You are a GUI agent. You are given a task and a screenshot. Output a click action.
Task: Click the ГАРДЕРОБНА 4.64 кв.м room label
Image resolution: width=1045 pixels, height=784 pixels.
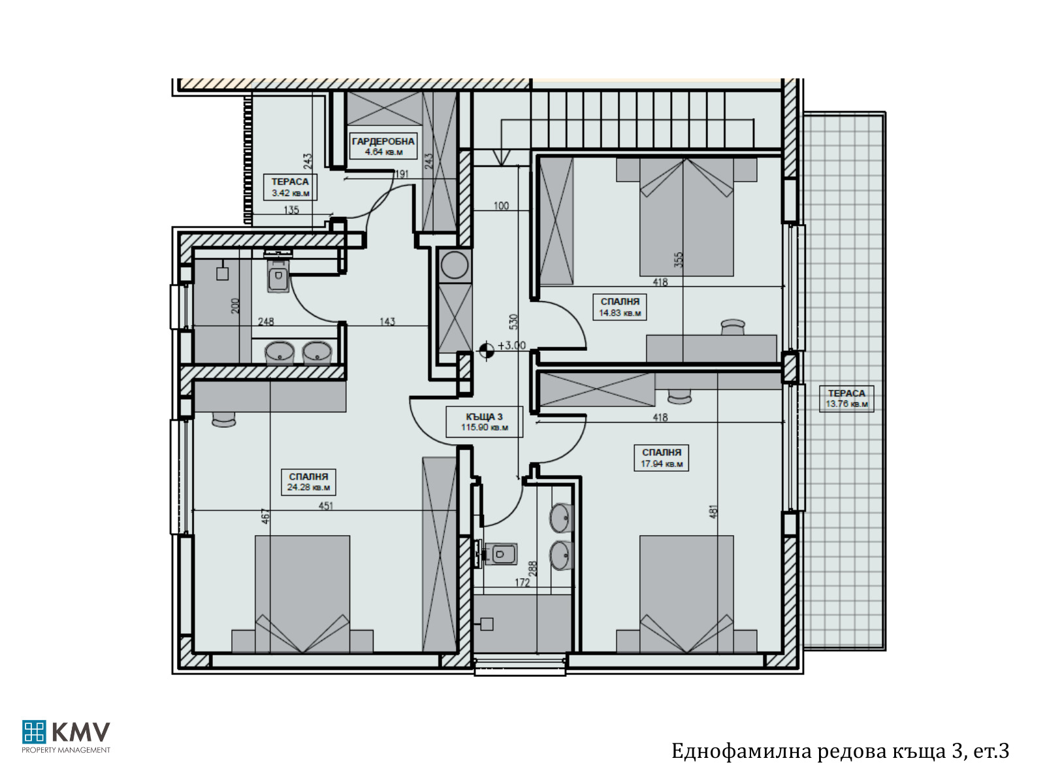(x=383, y=146)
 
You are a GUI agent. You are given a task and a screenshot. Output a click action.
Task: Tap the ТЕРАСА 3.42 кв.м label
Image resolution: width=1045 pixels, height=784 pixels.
(x=291, y=187)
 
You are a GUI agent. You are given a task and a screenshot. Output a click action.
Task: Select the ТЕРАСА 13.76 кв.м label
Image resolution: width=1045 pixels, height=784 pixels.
(x=846, y=399)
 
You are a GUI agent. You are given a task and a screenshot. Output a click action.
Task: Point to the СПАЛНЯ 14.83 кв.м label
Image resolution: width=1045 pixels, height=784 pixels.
(x=620, y=307)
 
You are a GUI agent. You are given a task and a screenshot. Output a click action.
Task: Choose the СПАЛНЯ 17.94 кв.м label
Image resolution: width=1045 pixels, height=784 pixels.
(x=661, y=458)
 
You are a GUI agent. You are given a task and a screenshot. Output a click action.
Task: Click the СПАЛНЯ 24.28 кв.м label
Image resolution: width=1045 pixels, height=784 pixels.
(x=308, y=482)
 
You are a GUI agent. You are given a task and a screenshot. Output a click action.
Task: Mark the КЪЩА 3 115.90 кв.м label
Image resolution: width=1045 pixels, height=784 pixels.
(x=484, y=422)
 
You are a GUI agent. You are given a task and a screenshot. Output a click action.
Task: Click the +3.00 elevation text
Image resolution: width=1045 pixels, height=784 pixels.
(x=512, y=346)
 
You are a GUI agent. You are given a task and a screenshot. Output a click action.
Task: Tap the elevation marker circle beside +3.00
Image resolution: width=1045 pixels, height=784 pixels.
(x=487, y=351)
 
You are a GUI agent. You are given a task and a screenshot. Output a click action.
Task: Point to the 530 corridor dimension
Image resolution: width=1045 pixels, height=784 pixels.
(x=513, y=322)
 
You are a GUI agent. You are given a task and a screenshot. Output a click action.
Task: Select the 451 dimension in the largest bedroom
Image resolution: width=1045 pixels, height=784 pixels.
(x=326, y=506)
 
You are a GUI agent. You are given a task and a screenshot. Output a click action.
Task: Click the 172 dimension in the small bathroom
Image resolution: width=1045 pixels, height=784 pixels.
(x=522, y=582)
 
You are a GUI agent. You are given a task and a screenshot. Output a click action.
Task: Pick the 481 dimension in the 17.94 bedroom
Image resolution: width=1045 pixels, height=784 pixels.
(x=713, y=512)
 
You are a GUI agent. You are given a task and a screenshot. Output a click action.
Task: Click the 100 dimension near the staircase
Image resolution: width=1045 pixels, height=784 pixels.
(x=501, y=206)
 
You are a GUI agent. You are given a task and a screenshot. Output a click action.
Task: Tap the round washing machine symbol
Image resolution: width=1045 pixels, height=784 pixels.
(x=455, y=265)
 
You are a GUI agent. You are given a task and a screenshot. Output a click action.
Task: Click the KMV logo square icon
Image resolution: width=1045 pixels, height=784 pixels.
(x=34, y=732)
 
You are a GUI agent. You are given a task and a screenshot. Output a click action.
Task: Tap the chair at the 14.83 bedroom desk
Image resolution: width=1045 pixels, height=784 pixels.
(x=733, y=327)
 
